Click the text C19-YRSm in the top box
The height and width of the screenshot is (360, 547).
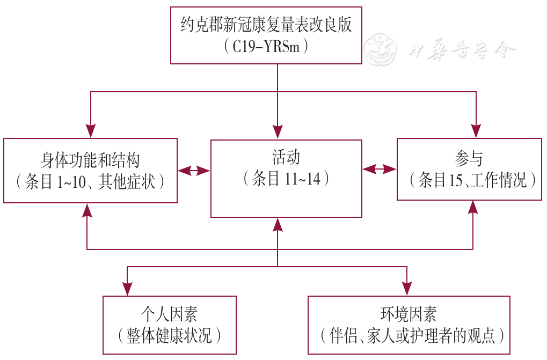pos(266,46)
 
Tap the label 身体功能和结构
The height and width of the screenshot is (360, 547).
pos(90,160)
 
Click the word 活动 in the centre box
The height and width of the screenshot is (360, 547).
pos(286,157)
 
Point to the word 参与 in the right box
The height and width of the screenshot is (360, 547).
pos(469,159)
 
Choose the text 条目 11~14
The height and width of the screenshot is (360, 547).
pos(286,179)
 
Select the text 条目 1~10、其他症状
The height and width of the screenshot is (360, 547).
pos(90,181)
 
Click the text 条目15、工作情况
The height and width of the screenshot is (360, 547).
pos(472,180)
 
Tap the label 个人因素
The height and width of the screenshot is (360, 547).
pos(169,314)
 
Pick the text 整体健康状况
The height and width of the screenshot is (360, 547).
pos(169,336)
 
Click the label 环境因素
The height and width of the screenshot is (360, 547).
pos(409,314)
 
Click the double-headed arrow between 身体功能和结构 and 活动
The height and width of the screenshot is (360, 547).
pos(194,171)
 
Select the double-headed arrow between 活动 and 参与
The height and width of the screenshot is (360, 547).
pos(379,170)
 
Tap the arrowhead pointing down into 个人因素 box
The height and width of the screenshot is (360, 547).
pos(127,289)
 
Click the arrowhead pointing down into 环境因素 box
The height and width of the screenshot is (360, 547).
pos(407,289)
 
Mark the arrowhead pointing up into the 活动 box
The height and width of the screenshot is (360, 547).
pos(278,225)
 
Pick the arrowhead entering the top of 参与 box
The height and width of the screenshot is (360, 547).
pos(476,131)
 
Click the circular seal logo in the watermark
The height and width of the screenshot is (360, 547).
pos(380,49)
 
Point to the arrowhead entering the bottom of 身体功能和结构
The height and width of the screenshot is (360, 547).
pos(87,210)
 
